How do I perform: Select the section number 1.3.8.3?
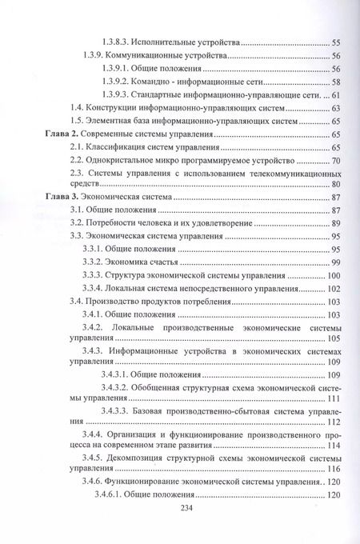tap(123, 41)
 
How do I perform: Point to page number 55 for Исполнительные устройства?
tap(336, 41)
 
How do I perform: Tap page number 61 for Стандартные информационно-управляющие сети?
tap(336, 94)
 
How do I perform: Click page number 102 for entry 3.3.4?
tap(334, 289)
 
